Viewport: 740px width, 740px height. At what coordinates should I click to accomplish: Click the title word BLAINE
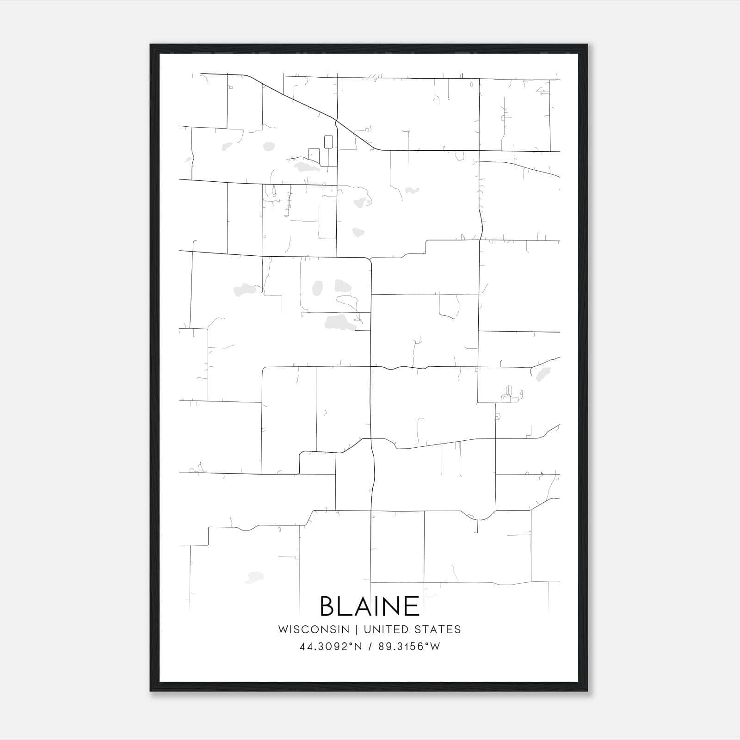click(x=370, y=606)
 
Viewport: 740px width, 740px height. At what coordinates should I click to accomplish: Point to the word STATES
click(x=438, y=629)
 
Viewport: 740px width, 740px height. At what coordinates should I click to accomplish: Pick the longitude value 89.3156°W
click(x=409, y=647)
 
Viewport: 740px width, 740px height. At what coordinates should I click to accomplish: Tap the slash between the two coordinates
click(x=370, y=647)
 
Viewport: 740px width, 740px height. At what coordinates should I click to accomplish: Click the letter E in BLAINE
click(x=412, y=606)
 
